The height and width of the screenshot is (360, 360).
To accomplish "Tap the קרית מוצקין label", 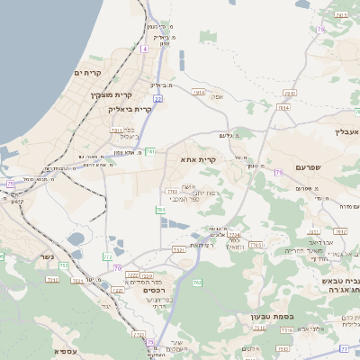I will click(x=112, y=94).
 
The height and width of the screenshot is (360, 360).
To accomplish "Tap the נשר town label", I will click(x=47, y=257).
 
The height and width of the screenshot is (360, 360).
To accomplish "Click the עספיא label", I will click(x=64, y=351).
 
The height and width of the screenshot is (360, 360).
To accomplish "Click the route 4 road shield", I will click(x=143, y=49).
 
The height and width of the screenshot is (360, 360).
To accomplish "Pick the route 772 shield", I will click(x=106, y=256).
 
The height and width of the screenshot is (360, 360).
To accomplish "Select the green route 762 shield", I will click(x=197, y=283).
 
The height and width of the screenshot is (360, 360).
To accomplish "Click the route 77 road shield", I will click(x=344, y=347).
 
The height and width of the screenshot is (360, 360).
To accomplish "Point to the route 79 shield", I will click(x=278, y=171).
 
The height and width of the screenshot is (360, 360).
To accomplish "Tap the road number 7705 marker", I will click(x=256, y=245).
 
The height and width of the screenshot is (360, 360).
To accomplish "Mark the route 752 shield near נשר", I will click(x=52, y=279).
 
